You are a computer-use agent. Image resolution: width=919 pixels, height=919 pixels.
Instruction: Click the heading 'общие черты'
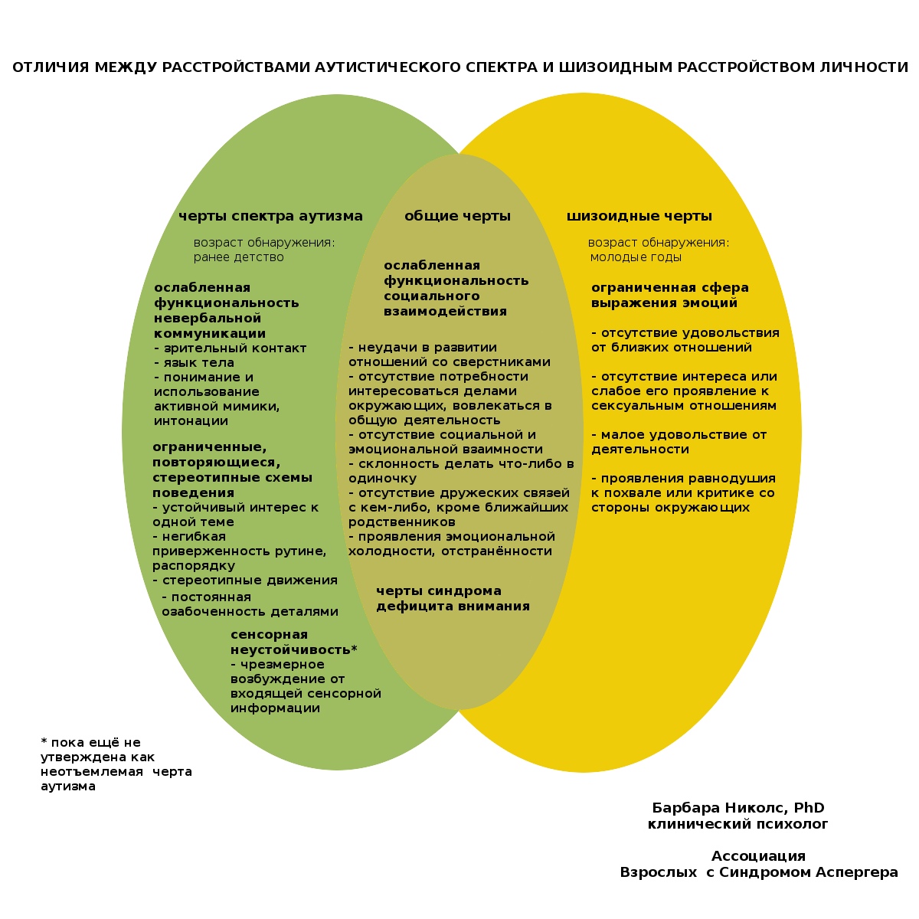click(x=457, y=217)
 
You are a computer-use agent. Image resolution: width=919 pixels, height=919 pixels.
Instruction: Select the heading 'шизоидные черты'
click(x=639, y=217)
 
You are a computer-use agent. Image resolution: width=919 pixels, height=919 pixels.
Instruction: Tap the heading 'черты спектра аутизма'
click(x=270, y=217)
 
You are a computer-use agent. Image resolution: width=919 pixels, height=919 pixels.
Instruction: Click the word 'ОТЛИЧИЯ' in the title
click(x=51, y=68)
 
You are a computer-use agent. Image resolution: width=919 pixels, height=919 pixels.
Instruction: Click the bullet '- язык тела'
click(x=194, y=363)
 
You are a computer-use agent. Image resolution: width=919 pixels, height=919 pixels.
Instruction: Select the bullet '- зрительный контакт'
click(x=230, y=348)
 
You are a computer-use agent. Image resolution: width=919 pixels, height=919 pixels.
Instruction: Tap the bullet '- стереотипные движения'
click(x=245, y=581)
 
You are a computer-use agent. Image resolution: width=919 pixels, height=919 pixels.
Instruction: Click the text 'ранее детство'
click(x=238, y=257)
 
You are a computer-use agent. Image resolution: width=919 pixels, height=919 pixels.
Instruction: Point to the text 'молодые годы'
click(x=636, y=257)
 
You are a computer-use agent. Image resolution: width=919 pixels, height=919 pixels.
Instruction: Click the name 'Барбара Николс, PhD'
click(x=737, y=809)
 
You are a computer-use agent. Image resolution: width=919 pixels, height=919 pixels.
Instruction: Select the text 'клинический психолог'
click(x=737, y=825)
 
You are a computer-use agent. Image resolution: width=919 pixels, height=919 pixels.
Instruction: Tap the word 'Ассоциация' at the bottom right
click(x=758, y=857)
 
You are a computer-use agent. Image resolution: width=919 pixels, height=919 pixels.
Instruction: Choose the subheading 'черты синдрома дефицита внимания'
click(x=453, y=599)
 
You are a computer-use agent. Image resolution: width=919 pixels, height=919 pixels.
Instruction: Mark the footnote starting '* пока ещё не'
click(x=116, y=764)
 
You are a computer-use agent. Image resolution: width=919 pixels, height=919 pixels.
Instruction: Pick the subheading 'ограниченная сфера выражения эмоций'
click(x=669, y=296)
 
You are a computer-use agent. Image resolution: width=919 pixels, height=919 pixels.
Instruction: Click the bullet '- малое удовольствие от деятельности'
click(x=679, y=442)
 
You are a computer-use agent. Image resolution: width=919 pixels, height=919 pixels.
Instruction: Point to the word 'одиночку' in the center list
click(x=382, y=479)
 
